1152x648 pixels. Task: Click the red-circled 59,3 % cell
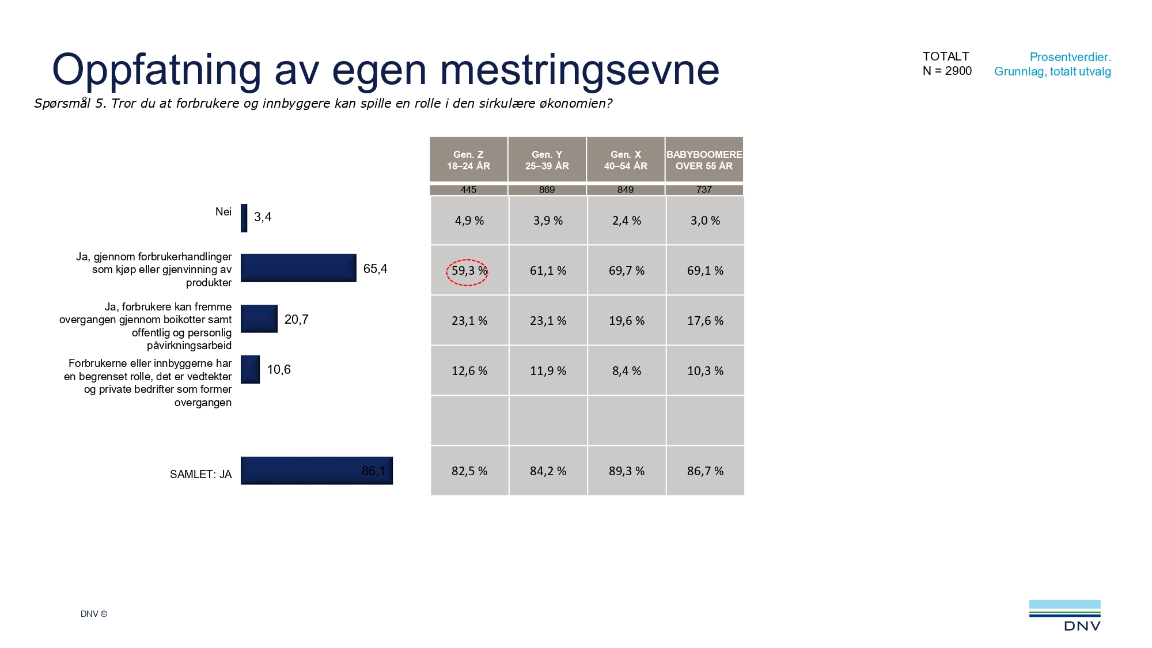(468, 271)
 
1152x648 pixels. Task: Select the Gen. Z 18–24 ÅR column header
(468, 160)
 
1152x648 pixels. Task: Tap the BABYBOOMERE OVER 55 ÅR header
(704, 160)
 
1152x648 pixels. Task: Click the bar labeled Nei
(244, 218)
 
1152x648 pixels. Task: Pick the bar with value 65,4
(298, 268)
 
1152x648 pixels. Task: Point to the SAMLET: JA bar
(316, 471)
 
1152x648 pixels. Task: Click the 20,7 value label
(296, 320)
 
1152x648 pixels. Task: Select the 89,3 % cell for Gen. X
(626, 471)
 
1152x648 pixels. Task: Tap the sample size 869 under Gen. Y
(547, 190)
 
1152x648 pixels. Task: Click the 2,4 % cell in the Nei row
(626, 221)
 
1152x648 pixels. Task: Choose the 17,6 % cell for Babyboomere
(705, 321)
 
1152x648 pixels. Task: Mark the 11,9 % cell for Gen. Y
(548, 371)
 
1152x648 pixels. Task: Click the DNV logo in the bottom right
(1064, 616)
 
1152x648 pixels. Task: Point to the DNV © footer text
(94, 614)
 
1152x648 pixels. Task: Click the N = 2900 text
(947, 71)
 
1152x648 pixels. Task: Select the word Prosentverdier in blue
(1070, 57)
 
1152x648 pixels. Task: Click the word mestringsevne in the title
(579, 70)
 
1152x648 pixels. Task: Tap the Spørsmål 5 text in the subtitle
(70, 104)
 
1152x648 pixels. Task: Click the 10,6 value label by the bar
(279, 370)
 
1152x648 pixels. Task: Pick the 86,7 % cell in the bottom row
(705, 471)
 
